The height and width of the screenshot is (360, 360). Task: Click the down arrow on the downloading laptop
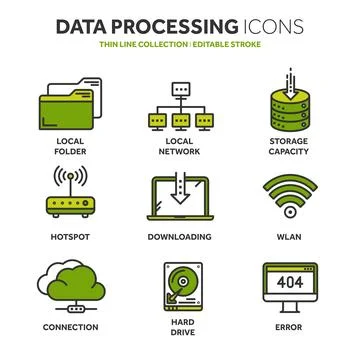tap(180, 188)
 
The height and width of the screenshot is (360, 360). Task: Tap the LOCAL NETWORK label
tap(180, 145)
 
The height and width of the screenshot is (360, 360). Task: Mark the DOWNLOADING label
tap(180, 238)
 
